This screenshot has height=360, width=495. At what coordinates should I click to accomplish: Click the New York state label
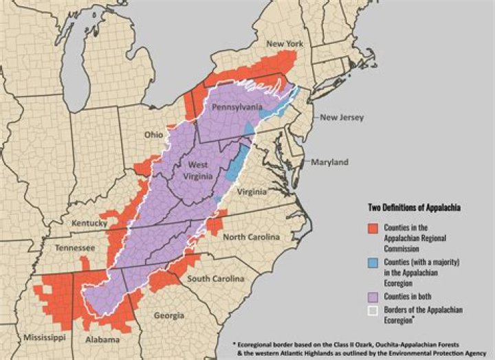tap(285, 44)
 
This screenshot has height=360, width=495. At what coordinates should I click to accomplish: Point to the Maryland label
tap(329, 162)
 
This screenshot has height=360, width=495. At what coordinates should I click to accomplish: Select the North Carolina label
tap(252, 237)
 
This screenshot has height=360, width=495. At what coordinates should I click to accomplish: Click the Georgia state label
tap(169, 315)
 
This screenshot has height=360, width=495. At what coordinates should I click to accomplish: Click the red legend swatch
tap(371, 229)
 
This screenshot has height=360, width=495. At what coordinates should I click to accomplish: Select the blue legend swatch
tap(371, 264)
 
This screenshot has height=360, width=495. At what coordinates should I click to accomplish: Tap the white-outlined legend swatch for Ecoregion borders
tap(371, 311)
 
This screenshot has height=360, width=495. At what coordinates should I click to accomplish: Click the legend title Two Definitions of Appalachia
tap(411, 207)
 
